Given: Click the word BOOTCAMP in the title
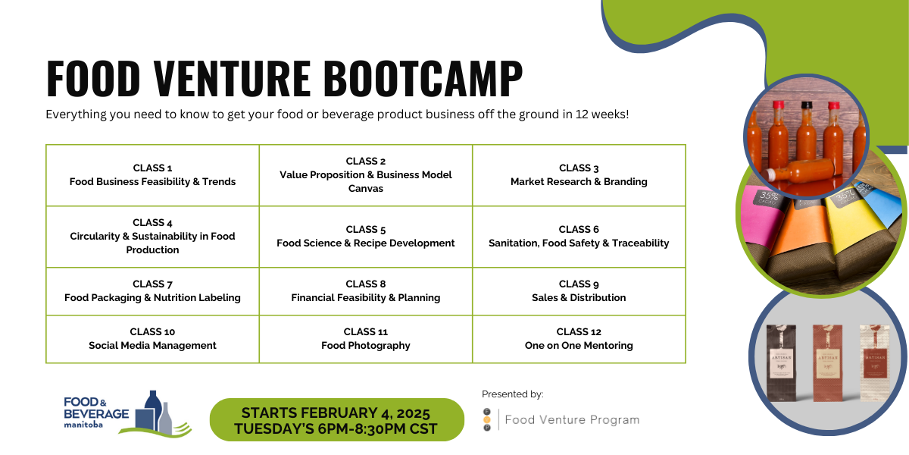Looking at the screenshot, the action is pyautogui.click(x=423, y=78).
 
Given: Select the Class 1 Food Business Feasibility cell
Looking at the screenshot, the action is pyautogui.click(x=152, y=175).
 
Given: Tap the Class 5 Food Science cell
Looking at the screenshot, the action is pyautogui.click(x=366, y=237).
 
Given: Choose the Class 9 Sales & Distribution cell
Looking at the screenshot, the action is pyautogui.click(x=579, y=291).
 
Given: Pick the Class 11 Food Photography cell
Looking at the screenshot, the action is pyautogui.click(x=366, y=339).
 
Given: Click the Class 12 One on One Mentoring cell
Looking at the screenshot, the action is pyautogui.click(x=579, y=339).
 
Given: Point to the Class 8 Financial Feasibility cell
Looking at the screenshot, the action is pyautogui.click(x=366, y=291).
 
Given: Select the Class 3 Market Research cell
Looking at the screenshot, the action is pyautogui.click(x=579, y=175).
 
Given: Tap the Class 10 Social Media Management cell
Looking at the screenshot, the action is pyautogui.click(x=152, y=339).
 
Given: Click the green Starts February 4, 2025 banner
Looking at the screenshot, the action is pyautogui.click(x=337, y=419).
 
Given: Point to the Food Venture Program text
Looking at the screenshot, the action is pyautogui.click(x=572, y=419).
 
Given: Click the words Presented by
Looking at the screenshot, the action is pyautogui.click(x=513, y=394).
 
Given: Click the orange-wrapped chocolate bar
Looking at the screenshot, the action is pyautogui.click(x=795, y=240).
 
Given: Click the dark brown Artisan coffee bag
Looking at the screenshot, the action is pyautogui.click(x=781, y=362).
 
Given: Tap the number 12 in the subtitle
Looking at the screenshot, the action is pyautogui.click(x=582, y=115).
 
